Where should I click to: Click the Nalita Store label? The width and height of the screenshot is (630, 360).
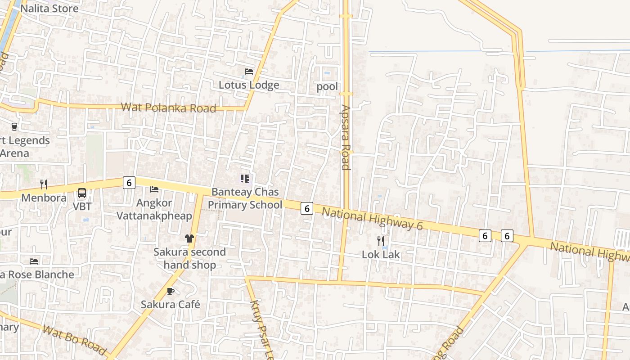(x=49, y=9)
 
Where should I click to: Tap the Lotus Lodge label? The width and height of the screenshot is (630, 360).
(x=249, y=85)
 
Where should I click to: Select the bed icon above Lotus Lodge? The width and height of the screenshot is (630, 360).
(x=249, y=72)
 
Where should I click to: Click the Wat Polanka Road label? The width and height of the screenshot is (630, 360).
(x=169, y=108)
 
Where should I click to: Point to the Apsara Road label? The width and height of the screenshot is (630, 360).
(x=346, y=138)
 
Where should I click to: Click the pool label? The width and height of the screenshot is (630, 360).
(x=327, y=86)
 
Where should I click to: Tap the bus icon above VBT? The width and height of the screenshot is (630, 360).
(x=82, y=193)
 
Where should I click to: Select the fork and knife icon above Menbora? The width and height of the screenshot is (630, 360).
(x=44, y=184)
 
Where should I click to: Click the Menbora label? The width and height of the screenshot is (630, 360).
(x=44, y=198)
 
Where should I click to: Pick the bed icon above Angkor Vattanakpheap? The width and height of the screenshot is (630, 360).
(x=154, y=189)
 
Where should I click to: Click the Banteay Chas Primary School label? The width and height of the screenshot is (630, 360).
(x=245, y=198)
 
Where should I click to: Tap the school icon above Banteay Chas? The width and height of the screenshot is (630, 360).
(x=245, y=179)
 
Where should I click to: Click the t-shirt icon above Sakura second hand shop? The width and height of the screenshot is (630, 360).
(x=189, y=238)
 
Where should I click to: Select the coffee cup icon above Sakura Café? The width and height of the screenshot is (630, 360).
(x=171, y=291)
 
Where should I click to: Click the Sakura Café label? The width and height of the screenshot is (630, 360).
(x=171, y=305)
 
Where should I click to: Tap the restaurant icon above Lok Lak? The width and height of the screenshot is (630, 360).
(x=381, y=241)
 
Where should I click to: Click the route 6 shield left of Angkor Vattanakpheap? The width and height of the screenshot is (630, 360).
(x=129, y=183)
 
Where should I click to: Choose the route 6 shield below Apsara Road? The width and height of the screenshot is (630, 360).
(x=307, y=208)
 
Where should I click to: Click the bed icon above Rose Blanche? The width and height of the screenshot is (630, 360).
(x=34, y=261)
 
